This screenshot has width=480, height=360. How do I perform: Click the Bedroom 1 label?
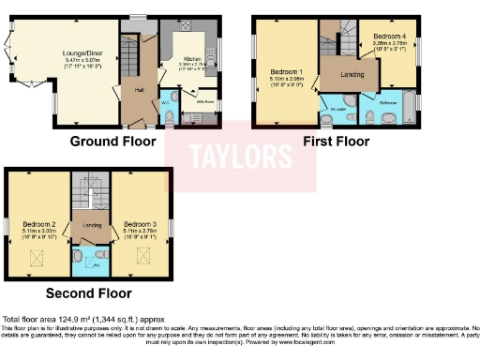click(287, 72)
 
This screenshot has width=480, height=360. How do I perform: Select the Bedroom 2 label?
click(40, 225)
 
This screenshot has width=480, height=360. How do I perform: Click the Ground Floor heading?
click(111, 142)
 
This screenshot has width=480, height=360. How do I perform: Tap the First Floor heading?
click(336, 142)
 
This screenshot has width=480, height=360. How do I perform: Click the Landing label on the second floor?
click(92, 225)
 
